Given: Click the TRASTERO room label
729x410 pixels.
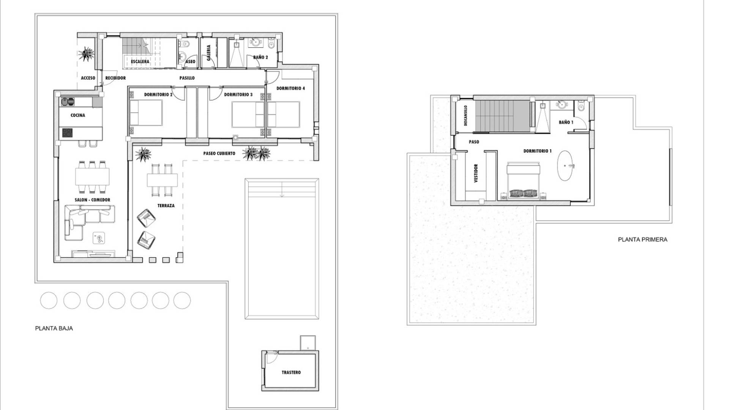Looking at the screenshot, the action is tap(291, 372).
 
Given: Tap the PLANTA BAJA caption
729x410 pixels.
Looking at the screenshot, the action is tap(54, 328).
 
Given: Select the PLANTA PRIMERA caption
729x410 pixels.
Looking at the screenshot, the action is tap(642, 240).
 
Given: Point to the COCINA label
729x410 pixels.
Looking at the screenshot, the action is tap(78, 115).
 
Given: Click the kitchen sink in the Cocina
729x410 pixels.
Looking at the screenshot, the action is tap(68, 102).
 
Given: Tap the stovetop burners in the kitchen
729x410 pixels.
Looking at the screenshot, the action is tap(68, 133).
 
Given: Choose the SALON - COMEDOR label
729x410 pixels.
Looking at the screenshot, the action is tap(92, 200).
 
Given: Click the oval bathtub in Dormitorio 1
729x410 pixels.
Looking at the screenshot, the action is tap(566, 166).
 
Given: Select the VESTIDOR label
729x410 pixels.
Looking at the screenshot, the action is tap(476, 173).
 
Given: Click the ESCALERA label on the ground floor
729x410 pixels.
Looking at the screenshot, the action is tap(140, 61).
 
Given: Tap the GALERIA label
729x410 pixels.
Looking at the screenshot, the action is tap(208, 53).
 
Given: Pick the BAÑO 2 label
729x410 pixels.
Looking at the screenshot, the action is tap(261, 57).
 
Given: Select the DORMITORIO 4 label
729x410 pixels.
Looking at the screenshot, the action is tap(290, 88).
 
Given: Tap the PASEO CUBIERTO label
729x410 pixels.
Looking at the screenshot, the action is tap(219, 153).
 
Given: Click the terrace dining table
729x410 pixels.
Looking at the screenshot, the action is tap(163, 180).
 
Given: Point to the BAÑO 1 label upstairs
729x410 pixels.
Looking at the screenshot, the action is tap(566, 122).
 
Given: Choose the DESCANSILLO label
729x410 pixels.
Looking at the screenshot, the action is tap(465, 116).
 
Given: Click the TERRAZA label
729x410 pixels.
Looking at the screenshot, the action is tap(166, 206).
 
